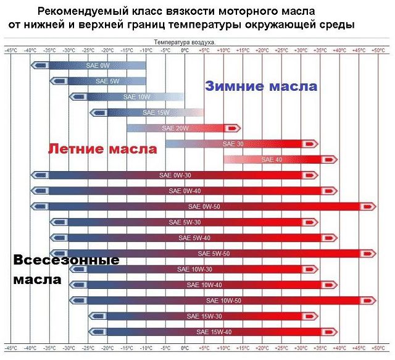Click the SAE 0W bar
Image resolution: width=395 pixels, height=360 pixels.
click(99, 65)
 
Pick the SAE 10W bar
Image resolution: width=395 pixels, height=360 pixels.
click(136, 97)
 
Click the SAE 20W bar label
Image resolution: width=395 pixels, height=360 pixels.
click(174, 128)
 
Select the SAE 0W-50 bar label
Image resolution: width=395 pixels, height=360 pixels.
click(204, 206)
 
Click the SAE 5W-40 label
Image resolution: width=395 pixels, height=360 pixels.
click(194, 238)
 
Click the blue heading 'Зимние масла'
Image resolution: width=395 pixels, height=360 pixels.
click(261, 86)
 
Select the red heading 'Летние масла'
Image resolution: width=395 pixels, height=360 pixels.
click(102, 149)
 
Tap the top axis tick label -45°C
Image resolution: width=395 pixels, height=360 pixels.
click(10, 49)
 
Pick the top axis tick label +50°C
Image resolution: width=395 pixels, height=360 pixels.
click(378, 49)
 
